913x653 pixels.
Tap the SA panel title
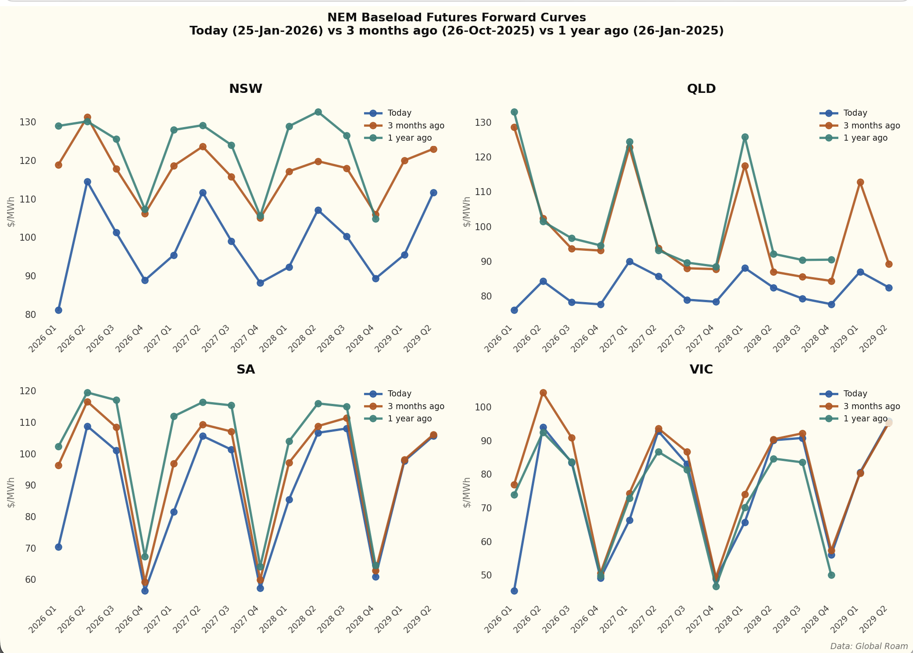245,369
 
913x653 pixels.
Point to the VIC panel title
701,369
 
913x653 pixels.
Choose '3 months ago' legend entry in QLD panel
871,126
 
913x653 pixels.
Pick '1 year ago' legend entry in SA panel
409,418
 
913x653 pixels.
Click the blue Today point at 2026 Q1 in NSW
59,310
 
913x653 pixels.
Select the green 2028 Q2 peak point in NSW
318,112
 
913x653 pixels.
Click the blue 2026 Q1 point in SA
59,547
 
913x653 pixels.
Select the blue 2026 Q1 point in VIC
514,591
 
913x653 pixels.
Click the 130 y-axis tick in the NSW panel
28,122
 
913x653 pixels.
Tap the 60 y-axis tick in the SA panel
31,579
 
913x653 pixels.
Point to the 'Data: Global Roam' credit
869,646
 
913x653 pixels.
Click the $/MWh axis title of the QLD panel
466,212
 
